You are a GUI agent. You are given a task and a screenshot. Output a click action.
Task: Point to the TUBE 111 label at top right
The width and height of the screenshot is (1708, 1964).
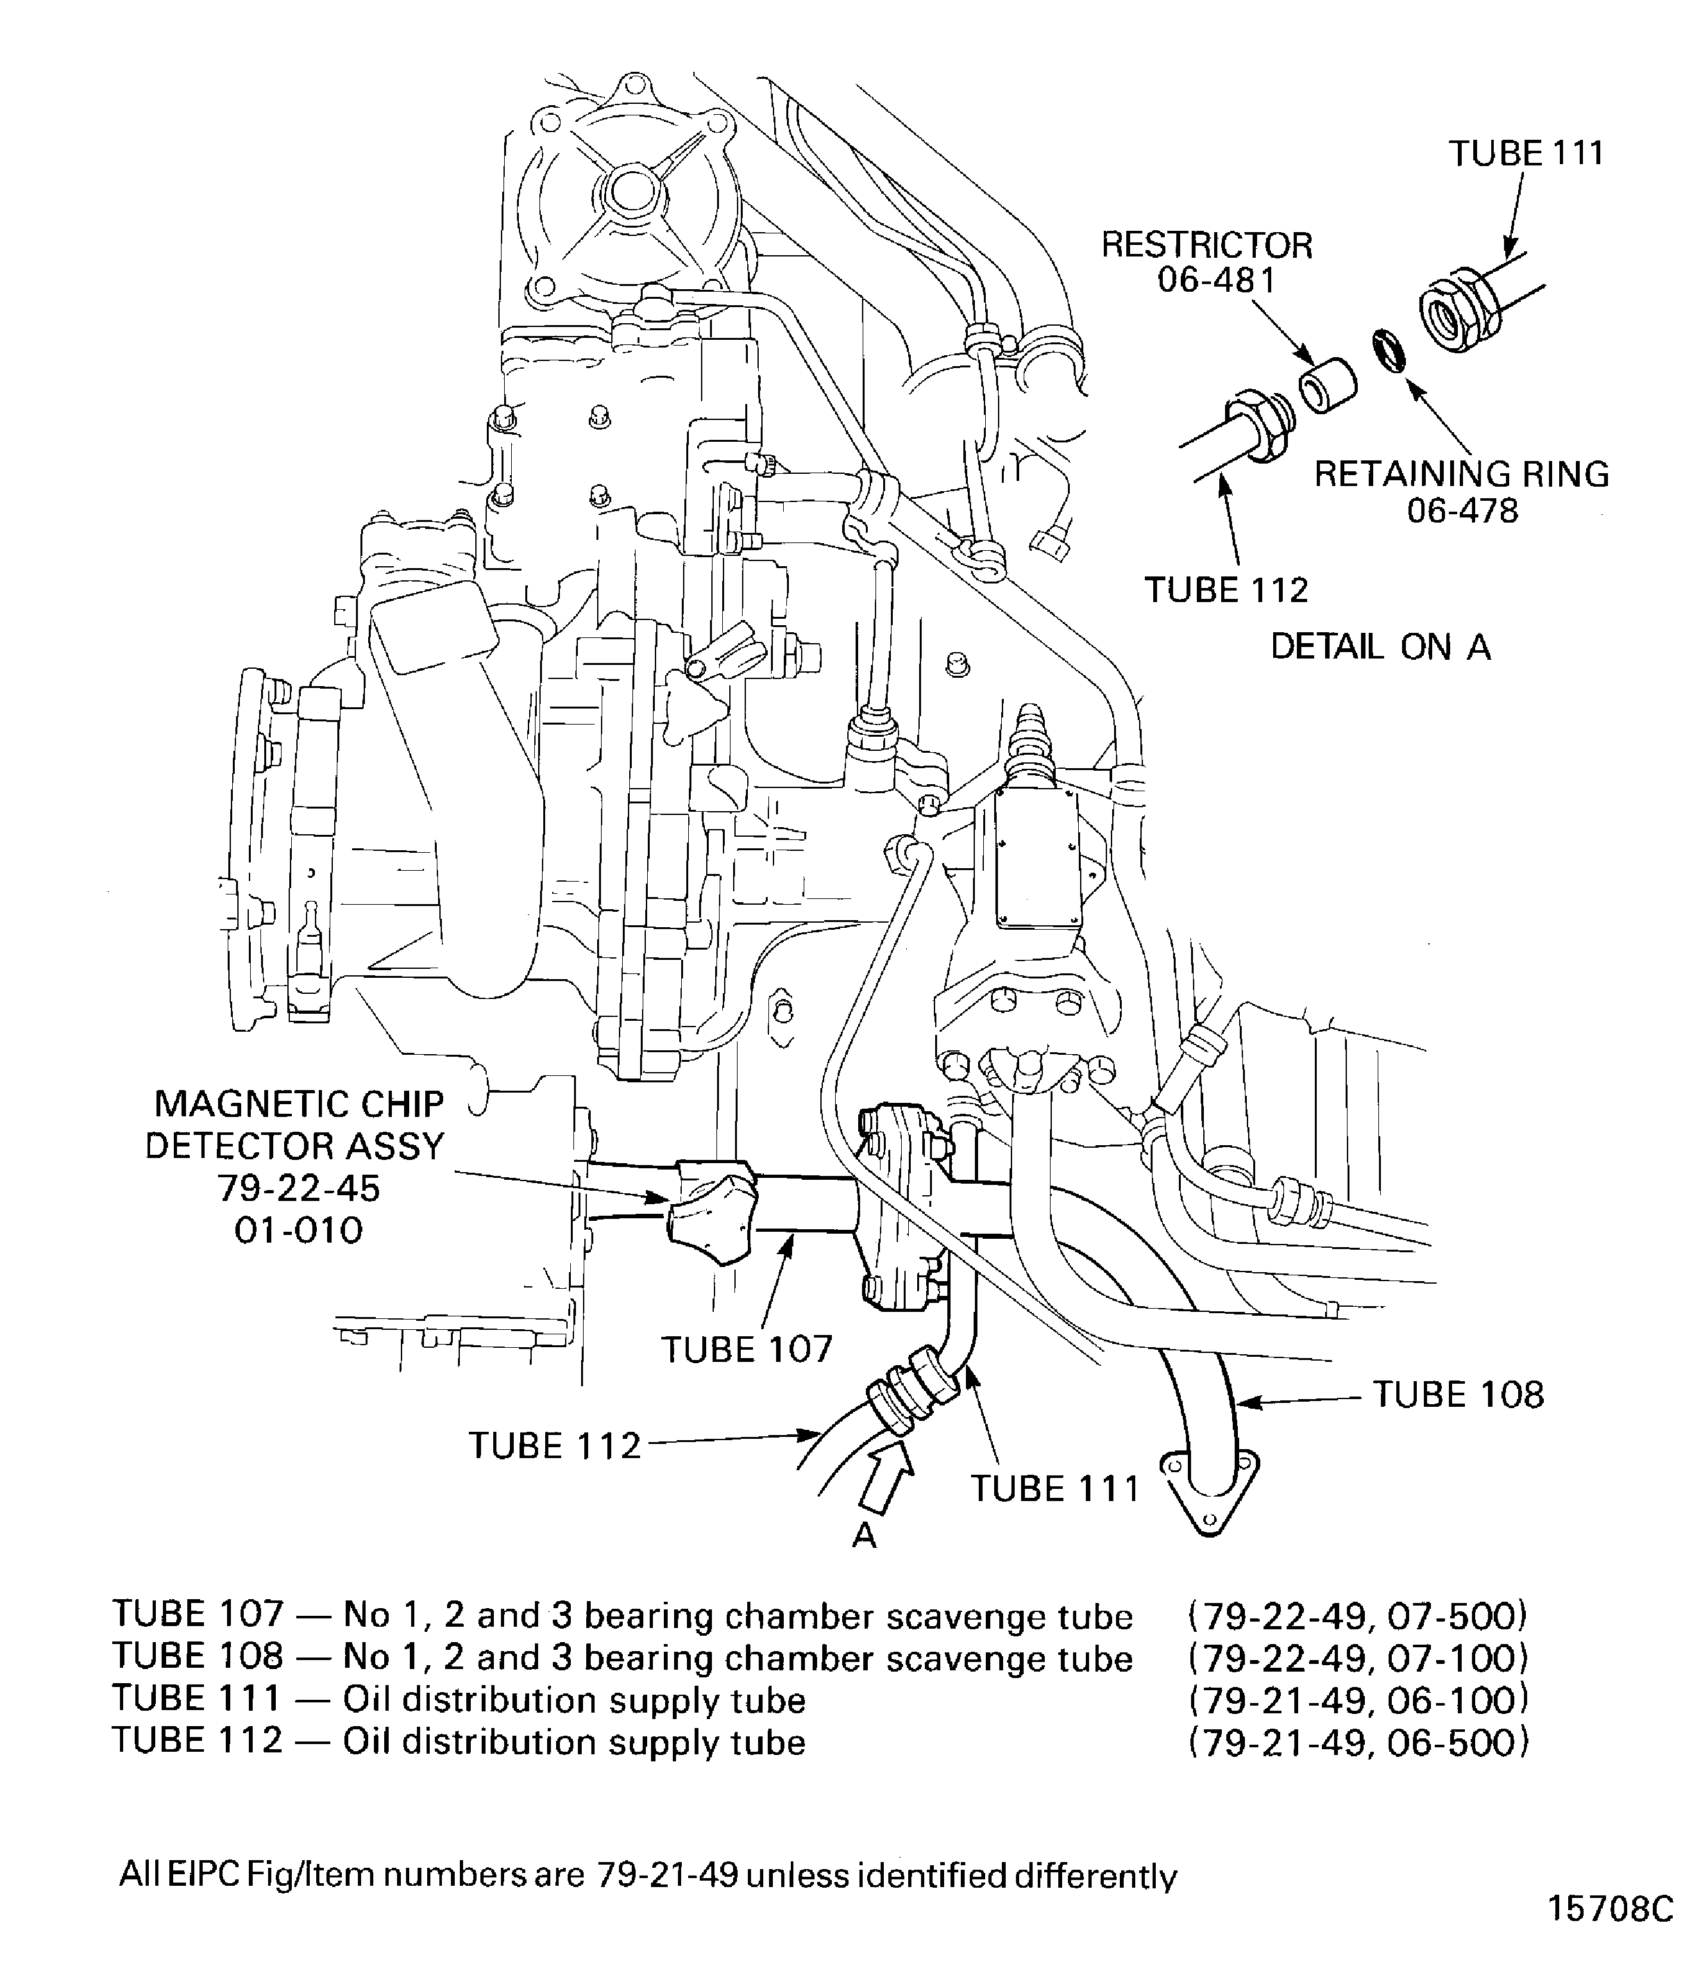point(1526,153)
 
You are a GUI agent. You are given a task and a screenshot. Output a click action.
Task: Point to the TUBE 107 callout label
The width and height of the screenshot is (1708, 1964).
point(747,1349)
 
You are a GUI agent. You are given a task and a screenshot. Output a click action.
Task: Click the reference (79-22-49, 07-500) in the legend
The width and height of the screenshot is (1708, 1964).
point(1358,1616)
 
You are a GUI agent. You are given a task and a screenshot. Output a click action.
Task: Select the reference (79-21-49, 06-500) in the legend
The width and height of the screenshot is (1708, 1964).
point(1358,1742)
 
